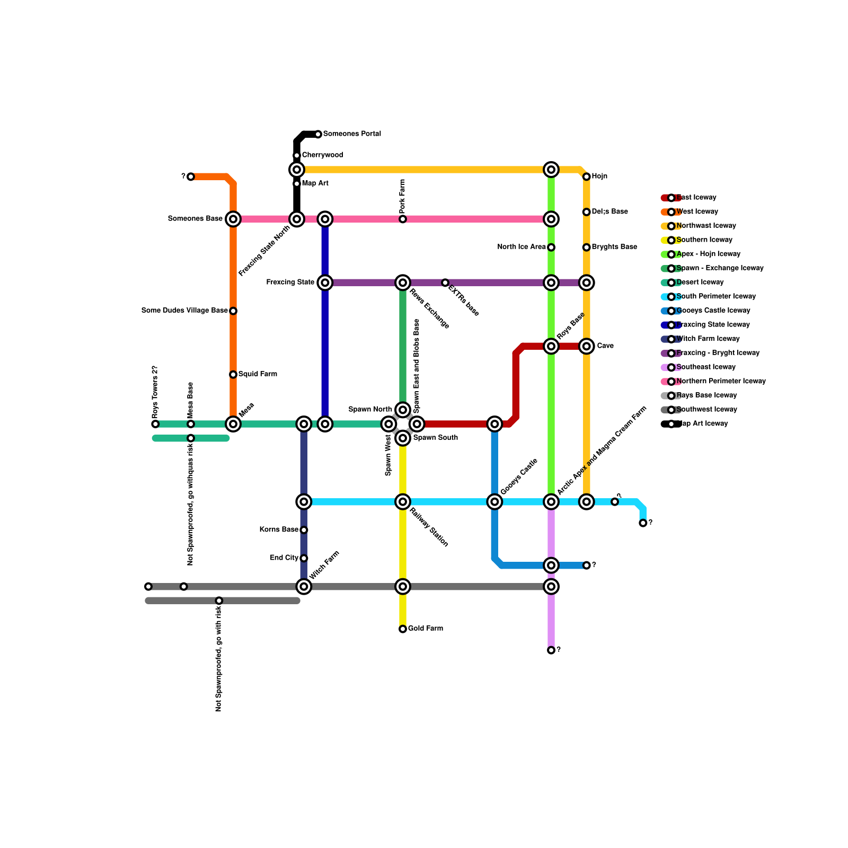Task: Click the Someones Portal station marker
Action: pyautogui.click(x=318, y=134)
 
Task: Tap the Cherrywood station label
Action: pyautogui.click(x=322, y=155)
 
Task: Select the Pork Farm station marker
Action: pyautogui.click(x=403, y=219)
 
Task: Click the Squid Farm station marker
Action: pyautogui.click(x=233, y=374)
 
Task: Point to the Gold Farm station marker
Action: pyautogui.click(x=403, y=629)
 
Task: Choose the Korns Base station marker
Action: pyautogui.click(x=304, y=530)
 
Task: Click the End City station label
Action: pyautogui.click(x=284, y=558)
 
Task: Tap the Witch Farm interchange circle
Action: pyautogui.click(x=304, y=586)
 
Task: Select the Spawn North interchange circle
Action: pyautogui.click(x=403, y=410)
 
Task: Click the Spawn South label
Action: pyautogui.click(x=435, y=438)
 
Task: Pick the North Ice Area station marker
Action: pyautogui.click(x=551, y=247)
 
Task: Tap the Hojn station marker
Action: pyautogui.click(x=586, y=176)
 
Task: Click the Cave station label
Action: pyautogui.click(x=605, y=346)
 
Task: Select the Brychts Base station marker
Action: pyautogui.click(x=586, y=247)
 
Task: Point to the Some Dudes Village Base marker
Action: pyautogui.click(x=233, y=311)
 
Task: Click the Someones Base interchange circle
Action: pyautogui.click(x=233, y=219)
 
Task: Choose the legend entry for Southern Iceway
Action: pyautogui.click(x=704, y=240)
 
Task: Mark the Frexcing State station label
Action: pyautogui.click(x=290, y=282)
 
